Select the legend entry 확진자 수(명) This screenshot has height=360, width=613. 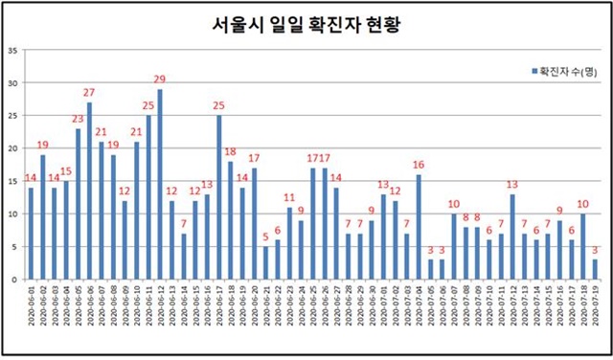(x=566, y=71)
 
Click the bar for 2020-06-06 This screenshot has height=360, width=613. (x=89, y=191)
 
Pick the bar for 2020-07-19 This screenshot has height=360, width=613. (x=594, y=269)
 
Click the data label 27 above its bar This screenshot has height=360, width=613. (x=89, y=93)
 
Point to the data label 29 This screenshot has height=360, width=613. (x=160, y=79)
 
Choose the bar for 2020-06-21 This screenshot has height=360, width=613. (x=265, y=262)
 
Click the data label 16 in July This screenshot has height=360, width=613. (x=419, y=165)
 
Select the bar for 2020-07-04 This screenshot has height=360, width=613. (x=419, y=226)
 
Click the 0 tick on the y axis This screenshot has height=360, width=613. (x=11, y=279)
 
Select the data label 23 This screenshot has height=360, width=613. (x=78, y=119)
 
